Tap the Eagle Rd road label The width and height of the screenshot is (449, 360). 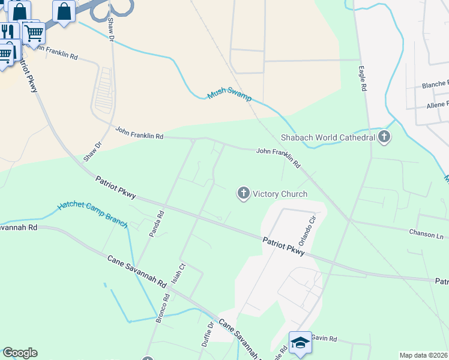pyautogui.click(x=363, y=79)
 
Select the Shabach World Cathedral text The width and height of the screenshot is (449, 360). pyautogui.click(x=328, y=137)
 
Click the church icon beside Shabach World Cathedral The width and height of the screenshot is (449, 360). pyautogui.click(x=385, y=137)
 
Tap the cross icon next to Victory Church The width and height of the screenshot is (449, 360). pyautogui.click(x=243, y=193)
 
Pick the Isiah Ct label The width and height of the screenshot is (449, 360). pyautogui.click(x=176, y=273)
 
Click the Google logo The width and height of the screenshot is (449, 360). pyautogui.click(x=20, y=353)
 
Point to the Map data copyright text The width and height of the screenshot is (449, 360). pyautogui.click(x=424, y=355)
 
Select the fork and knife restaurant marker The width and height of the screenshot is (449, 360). pyautogui.click(x=7, y=31)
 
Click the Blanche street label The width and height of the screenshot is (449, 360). pyautogui.click(x=435, y=84)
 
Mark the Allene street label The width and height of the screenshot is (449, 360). pyautogui.click(x=436, y=104)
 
